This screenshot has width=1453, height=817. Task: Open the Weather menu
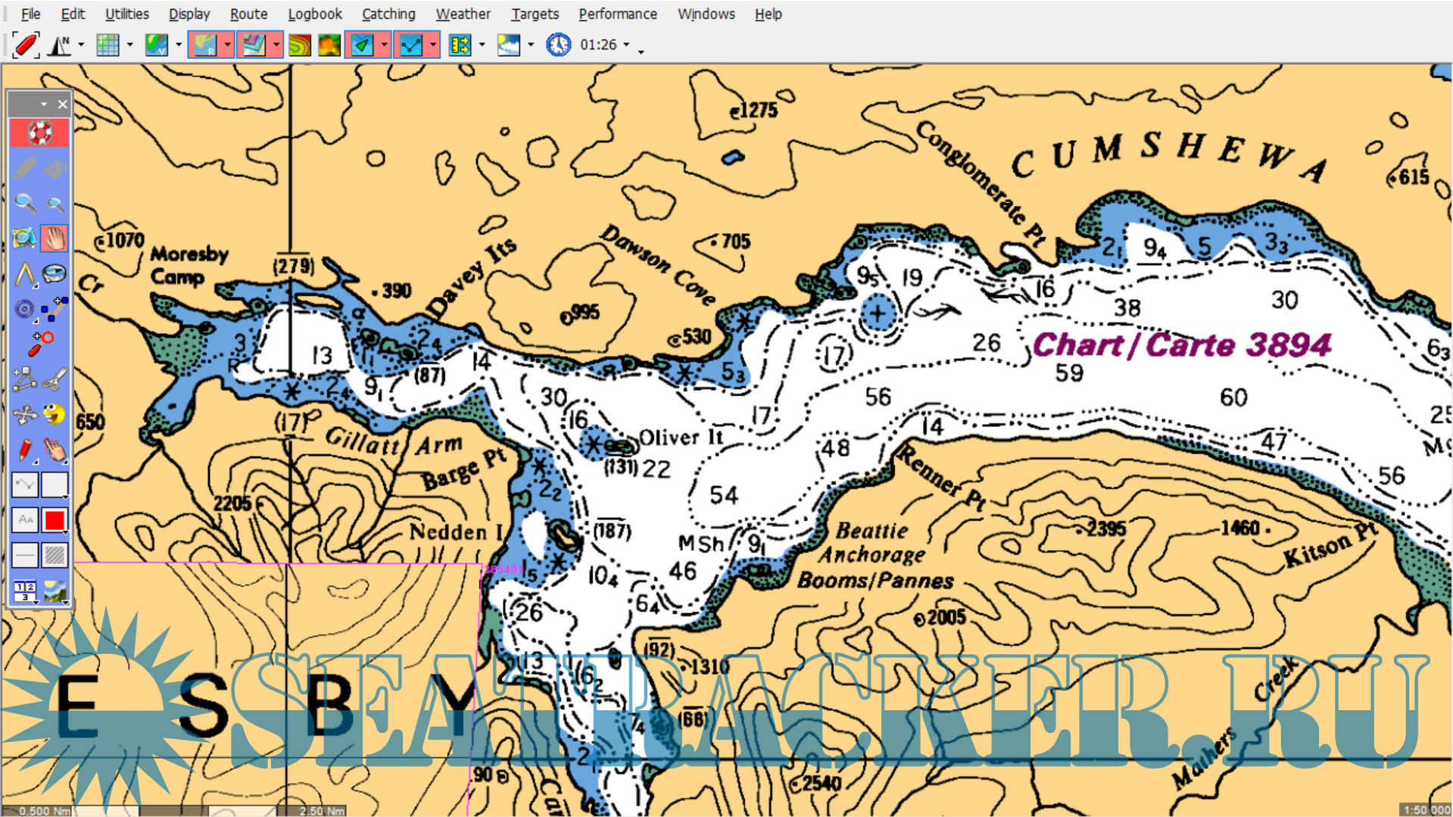(x=462, y=14)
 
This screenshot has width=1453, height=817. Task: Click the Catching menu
(x=388, y=14)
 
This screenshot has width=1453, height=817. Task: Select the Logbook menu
(x=314, y=14)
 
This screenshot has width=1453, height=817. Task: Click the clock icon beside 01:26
(x=558, y=45)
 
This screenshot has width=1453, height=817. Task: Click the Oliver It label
(x=681, y=438)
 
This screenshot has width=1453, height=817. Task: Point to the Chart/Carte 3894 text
(x=1181, y=345)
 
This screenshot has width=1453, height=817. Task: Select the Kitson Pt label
(x=1330, y=545)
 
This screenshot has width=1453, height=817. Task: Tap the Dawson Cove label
(x=657, y=264)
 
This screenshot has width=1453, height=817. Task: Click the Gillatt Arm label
(x=393, y=442)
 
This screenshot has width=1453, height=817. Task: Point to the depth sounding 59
(x=1069, y=373)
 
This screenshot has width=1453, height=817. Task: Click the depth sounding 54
(x=723, y=495)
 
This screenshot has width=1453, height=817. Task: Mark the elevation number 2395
(x=1105, y=529)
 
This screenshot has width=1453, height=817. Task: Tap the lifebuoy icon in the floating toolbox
(x=39, y=133)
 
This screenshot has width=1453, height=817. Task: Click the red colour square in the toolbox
(x=55, y=520)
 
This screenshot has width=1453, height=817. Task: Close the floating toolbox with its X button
(x=63, y=104)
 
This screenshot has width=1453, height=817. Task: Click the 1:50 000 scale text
(x=1426, y=810)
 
